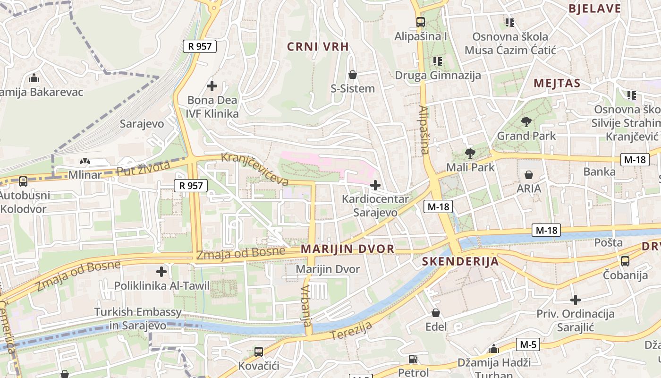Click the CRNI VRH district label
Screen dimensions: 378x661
[318, 46]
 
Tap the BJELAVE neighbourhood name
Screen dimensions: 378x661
[594, 9]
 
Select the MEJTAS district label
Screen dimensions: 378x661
[557, 84]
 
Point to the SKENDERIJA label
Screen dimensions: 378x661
[460, 261]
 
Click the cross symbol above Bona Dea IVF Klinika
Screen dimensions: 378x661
[212, 86]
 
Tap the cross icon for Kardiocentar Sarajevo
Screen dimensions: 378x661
[375, 185]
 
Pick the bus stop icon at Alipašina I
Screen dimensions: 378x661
[420, 22]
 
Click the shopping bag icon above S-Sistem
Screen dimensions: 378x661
[352, 75]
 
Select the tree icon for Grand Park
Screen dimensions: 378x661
[526, 122]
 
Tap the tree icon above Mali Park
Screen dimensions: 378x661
[470, 153]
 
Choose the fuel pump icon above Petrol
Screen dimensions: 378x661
[413, 359]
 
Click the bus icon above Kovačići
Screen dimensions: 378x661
[258, 352]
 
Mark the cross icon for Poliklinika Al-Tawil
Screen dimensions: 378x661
[161, 272]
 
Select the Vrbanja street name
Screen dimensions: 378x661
[306, 306]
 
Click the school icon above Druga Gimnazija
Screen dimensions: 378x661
[437, 61]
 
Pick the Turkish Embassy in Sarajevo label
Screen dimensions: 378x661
[137, 318]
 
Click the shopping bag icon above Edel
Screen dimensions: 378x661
[435, 313]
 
